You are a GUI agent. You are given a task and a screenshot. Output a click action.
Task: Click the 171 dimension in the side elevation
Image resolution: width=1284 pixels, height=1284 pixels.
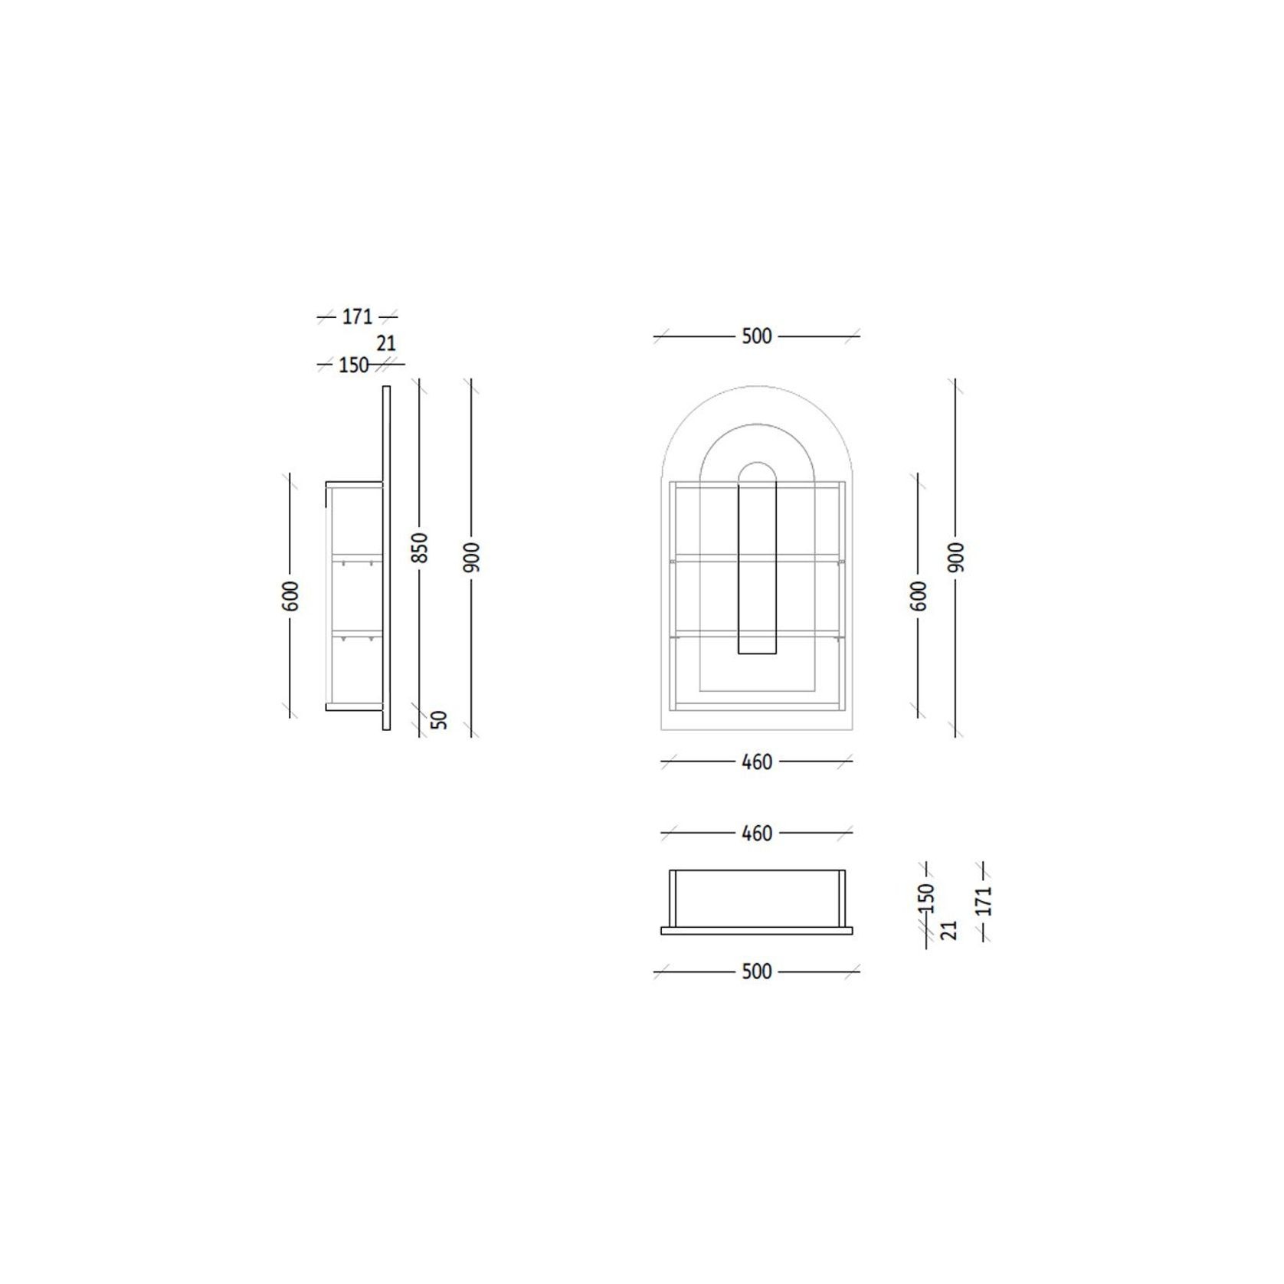tap(357, 316)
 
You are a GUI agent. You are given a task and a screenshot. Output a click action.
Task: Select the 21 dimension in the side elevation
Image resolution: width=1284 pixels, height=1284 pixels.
tap(386, 343)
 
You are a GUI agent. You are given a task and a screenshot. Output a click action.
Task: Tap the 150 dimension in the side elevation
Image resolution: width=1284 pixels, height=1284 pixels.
tap(353, 365)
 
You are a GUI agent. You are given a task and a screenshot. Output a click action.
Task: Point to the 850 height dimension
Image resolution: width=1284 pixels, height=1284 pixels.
tap(421, 548)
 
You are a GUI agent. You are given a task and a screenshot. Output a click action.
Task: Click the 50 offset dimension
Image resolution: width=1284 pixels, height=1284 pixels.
tap(439, 719)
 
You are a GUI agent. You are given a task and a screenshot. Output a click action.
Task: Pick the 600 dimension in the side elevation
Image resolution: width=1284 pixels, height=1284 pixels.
tap(291, 596)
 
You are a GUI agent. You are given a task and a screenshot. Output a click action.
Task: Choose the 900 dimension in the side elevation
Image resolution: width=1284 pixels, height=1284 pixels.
tap(472, 557)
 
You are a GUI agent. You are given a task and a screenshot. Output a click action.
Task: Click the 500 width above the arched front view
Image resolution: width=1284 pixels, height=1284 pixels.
tap(756, 336)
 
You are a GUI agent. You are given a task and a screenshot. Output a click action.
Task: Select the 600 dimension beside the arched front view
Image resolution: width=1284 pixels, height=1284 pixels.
tap(919, 596)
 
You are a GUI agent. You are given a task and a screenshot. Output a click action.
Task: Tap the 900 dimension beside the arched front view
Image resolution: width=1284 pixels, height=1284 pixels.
tap(956, 557)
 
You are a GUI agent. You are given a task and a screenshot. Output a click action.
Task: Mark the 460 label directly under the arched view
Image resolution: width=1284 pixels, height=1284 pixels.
tap(757, 762)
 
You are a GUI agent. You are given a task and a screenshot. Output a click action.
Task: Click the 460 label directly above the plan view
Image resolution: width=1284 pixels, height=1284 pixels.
tap(757, 833)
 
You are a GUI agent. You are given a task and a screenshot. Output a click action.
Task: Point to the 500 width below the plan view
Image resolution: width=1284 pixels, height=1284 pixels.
tap(756, 971)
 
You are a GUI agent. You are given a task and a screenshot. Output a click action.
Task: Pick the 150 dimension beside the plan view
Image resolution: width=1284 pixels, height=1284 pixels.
tap(926, 898)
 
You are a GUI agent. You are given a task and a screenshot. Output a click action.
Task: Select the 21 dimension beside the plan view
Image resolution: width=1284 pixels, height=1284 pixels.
tap(948, 930)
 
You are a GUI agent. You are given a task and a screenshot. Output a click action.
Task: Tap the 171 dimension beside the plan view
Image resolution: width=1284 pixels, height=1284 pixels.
tap(984, 900)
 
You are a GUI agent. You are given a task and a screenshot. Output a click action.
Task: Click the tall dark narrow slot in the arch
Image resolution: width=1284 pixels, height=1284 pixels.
tap(757, 567)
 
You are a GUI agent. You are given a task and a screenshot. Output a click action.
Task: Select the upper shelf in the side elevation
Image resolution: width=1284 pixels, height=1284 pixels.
tap(356, 556)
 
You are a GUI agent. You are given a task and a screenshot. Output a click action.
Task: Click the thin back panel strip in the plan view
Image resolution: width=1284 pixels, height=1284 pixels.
tap(756, 931)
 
